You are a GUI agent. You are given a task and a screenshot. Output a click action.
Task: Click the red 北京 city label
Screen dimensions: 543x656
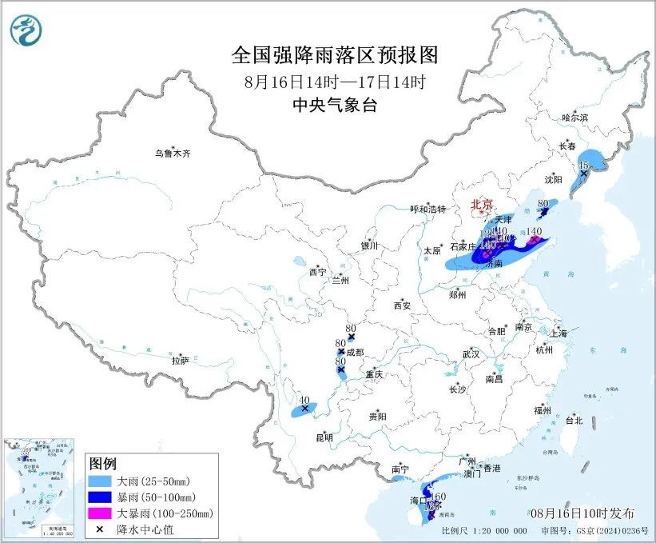tap(483, 204)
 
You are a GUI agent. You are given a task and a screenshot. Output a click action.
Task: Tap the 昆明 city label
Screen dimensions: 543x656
tap(324, 437)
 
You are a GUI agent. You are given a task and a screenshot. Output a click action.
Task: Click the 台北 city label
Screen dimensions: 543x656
tap(574, 420)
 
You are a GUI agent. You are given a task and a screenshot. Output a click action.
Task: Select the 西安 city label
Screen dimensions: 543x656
tap(401, 305)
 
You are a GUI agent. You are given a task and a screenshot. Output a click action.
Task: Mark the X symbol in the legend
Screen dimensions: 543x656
tap(101, 528)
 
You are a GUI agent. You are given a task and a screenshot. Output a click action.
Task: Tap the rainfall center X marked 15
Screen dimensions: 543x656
tap(584, 173)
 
